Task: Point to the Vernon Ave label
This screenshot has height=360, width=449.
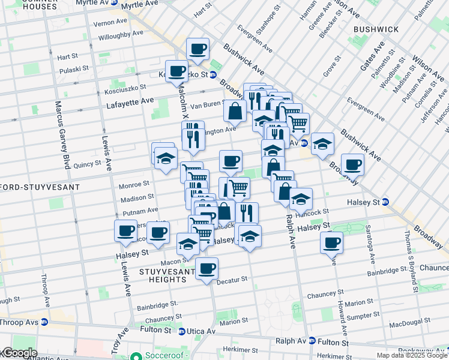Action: (110, 24)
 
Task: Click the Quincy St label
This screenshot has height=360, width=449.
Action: (87, 163)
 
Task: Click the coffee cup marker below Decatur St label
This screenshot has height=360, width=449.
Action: (206, 269)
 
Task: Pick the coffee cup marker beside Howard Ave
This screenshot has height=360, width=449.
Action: (331, 243)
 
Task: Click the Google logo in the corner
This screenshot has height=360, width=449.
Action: (19, 353)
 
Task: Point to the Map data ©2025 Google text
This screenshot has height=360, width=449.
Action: (412, 355)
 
